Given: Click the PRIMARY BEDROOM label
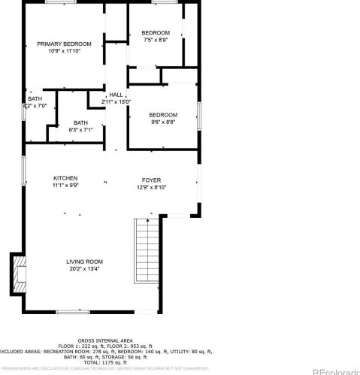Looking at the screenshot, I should [65, 44].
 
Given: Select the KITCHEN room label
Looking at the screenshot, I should [65, 178].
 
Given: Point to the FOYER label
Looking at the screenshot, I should [151, 181].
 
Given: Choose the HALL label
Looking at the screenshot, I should [116, 95].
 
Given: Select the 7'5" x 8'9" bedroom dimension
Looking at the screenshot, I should [156, 41].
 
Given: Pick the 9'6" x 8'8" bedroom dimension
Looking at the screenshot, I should [162, 121].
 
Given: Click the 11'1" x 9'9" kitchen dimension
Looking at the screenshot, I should [65, 185].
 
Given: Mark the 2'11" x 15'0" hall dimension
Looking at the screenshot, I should [116, 102].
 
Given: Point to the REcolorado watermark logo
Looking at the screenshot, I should [334, 370].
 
